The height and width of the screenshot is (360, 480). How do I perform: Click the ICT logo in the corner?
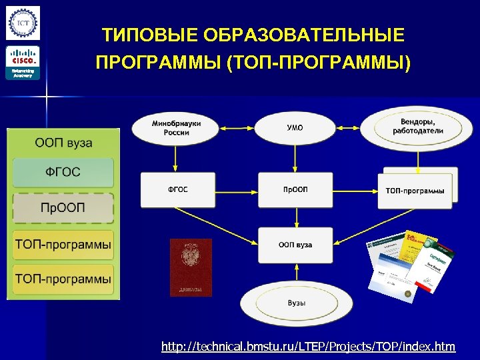coord(23,23)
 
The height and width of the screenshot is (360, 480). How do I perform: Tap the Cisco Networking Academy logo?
coord(23,63)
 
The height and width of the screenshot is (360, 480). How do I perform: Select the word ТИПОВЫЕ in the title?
coord(148,35)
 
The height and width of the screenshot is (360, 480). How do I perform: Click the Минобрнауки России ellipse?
coord(176,128)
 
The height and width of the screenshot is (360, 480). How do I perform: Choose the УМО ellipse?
coord(295,128)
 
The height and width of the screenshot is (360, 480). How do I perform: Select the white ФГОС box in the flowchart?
coord(177,190)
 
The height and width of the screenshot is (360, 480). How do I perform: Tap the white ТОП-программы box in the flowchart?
coord(415,191)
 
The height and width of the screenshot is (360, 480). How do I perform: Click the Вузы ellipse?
coord(296,303)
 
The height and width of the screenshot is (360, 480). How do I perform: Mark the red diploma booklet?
coord(191,267)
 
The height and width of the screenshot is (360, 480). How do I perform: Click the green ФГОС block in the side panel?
coord(63,172)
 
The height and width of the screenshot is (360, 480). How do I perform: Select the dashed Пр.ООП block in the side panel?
coord(63,208)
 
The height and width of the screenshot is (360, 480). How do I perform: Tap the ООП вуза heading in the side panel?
coord(63,143)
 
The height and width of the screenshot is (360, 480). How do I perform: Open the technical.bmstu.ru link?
coord(309,347)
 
